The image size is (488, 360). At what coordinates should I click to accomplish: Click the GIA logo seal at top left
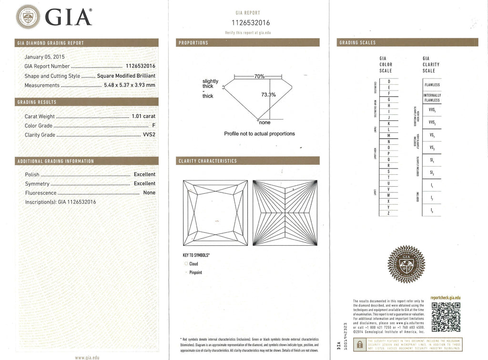29,18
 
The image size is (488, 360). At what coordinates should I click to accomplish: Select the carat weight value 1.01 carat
143,116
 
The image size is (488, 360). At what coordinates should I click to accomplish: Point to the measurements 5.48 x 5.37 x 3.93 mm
130,85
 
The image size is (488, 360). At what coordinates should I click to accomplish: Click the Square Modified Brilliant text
126,76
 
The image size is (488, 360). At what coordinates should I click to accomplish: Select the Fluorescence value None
149,193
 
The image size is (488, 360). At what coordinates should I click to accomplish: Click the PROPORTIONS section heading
193,43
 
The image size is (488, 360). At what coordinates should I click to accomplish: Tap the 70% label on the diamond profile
259,76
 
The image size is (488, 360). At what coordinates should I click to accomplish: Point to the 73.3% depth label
268,94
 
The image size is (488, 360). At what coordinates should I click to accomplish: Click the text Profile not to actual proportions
259,134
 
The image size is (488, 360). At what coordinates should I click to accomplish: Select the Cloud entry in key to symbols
193,264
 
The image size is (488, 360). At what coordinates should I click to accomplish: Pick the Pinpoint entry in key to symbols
195,272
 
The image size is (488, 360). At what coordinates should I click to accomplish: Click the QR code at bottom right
445,317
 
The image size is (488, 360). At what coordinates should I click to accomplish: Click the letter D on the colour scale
389,81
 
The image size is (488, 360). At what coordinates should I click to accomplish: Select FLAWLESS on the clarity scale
432,85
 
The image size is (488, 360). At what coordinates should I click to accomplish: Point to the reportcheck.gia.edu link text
445,298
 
